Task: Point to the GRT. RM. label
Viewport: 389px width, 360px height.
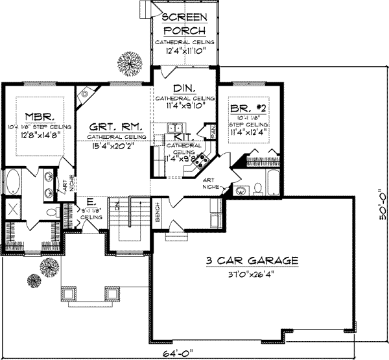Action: [x=108, y=128]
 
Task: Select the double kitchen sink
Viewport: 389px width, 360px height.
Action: [x=173, y=128]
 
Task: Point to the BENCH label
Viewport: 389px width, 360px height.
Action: [x=158, y=215]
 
